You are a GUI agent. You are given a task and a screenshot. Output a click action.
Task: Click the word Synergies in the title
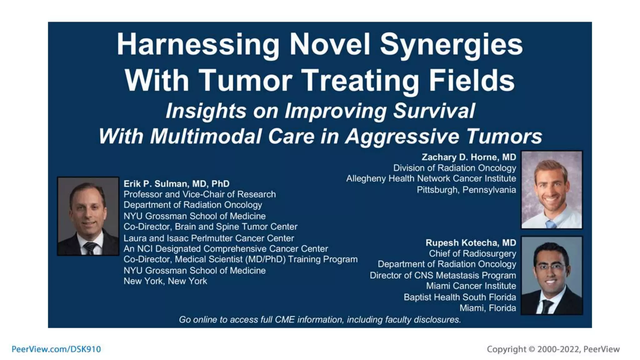[x=451, y=45]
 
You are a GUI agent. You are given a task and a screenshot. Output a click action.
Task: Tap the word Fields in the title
[x=472, y=80]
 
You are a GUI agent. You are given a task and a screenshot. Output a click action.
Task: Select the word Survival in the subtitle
[x=434, y=111]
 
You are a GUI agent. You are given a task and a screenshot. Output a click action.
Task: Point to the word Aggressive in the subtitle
[x=402, y=137]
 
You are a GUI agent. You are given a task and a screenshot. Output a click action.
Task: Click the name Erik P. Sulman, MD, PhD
[x=177, y=184]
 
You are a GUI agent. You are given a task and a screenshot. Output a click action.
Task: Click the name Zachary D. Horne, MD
[x=468, y=157]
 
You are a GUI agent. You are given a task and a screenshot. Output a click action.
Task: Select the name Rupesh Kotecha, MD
[x=471, y=243]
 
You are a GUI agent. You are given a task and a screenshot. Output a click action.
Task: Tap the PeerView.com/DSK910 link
[x=56, y=349]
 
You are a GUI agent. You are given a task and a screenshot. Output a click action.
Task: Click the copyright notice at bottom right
[x=553, y=349]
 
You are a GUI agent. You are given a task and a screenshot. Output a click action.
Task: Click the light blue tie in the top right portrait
[x=550, y=224]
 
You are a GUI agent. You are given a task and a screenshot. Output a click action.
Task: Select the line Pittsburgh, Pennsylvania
[x=466, y=190]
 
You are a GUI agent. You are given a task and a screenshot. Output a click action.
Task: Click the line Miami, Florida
[x=487, y=308]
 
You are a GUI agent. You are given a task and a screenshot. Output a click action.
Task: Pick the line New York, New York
[x=165, y=281]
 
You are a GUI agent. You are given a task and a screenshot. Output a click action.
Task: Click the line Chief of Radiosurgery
[x=472, y=253]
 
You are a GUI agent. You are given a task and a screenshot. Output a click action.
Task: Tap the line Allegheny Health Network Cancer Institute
[x=431, y=179]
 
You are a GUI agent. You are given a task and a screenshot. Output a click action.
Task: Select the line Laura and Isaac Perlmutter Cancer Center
[x=208, y=238]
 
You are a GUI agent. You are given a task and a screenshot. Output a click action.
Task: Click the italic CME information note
[x=320, y=320]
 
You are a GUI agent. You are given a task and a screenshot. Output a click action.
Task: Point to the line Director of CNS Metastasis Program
[x=443, y=275]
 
